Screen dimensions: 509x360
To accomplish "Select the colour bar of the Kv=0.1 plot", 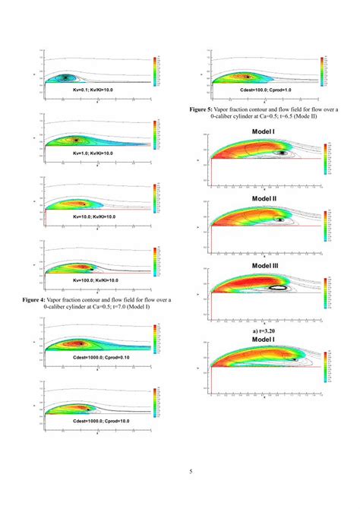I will [156, 71].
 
